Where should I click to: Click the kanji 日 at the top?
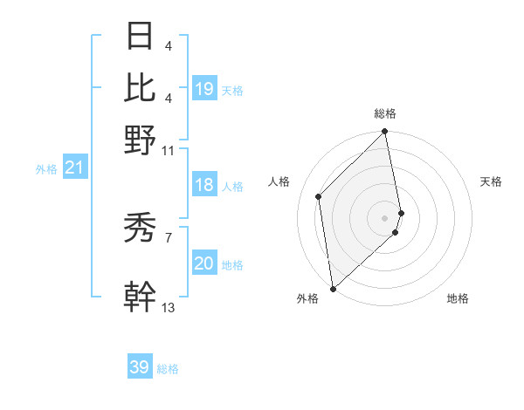[x=140, y=37]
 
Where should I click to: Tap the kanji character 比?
[x=140, y=87]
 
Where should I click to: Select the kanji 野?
[x=140, y=139]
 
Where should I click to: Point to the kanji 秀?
[x=140, y=229]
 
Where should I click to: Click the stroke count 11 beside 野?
[x=169, y=150]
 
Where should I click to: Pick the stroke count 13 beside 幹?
[x=169, y=307]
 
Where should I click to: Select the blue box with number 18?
[x=204, y=185]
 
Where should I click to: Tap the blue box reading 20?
[x=204, y=263]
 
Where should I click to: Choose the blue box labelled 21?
[x=74, y=167]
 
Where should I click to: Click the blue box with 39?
[x=140, y=367]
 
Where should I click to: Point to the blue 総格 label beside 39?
[x=169, y=369]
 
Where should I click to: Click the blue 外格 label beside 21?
[x=45, y=169]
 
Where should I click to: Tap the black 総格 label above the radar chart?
[x=385, y=113]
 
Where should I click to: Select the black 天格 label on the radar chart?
[x=491, y=181]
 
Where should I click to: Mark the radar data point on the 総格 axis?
[x=385, y=133]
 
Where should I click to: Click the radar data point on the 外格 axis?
[x=333, y=288]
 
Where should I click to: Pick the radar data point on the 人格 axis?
[x=319, y=196]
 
